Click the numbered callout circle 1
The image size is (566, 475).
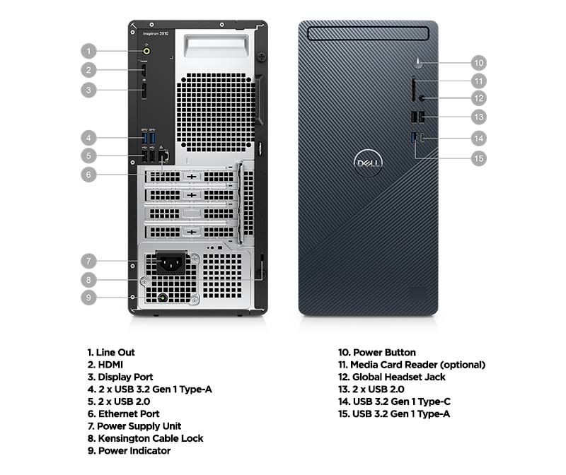pyautogui.click(x=88, y=51)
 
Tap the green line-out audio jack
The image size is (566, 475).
pyautogui.click(x=146, y=51)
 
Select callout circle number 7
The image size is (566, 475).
pyautogui.click(x=88, y=261)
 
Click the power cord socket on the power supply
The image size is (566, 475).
pyautogui.click(x=171, y=263)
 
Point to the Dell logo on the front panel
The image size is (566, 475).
pyautogui.click(x=368, y=163)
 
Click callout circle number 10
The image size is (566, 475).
pyautogui.click(x=479, y=63)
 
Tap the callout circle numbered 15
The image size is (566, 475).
pyautogui.click(x=479, y=158)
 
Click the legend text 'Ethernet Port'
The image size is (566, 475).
pyautogui.click(x=123, y=414)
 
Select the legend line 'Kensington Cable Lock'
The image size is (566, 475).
pyautogui.click(x=145, y=438)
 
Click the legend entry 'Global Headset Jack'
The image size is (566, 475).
pyautogui.click(x=392, y=377)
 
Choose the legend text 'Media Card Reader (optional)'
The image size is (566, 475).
pyautogui.click(x=412, y=365)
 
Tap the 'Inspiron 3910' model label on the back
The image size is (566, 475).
pyautogui.click(x=156, y=33)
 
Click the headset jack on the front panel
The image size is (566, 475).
pyautogui.click(x=421, y=98)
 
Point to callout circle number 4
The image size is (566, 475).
pyautogui.click(x=88, y=138)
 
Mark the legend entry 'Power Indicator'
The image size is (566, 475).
pyautogui.click(x=129, y=450)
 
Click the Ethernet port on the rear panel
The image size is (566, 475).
pyautogui.click(x=163, y=156)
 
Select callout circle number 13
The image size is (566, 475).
pyautogui.click(x=479, y=117)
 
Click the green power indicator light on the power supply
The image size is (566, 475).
pyautogui.click(x=163, y=298)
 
